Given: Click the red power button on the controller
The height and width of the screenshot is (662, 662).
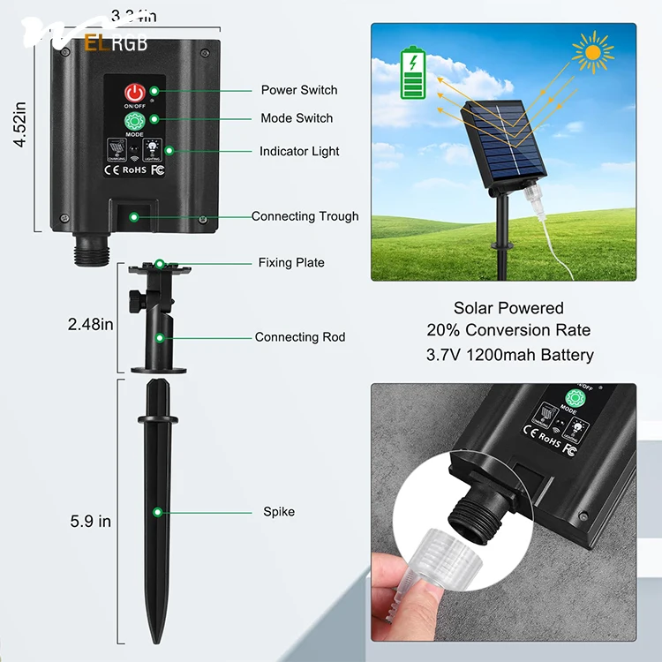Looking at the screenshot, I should point(134,93).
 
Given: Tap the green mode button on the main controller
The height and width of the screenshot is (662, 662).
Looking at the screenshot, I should point(135,121).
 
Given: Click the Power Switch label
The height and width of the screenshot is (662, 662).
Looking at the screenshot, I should point(298,90).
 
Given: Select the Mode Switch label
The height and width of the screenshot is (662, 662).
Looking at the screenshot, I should point(297,118).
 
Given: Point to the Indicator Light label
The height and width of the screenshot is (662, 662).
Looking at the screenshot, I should point(299,152).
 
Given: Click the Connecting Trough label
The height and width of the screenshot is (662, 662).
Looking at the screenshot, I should point(305,216).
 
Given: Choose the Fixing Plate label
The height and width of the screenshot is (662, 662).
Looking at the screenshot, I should point(291,262).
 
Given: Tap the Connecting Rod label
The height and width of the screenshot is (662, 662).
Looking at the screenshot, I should point(300,337).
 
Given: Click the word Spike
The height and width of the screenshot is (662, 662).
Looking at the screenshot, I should point(279,512).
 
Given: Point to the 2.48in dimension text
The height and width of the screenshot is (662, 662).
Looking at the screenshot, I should point(91,324).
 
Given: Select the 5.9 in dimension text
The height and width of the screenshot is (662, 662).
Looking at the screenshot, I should point(91,522).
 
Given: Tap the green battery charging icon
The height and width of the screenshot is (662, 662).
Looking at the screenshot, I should point(412,74).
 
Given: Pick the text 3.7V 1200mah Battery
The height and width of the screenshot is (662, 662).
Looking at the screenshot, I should point(508,355).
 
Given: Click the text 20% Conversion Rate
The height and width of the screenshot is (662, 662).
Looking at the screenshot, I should point(508,331).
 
